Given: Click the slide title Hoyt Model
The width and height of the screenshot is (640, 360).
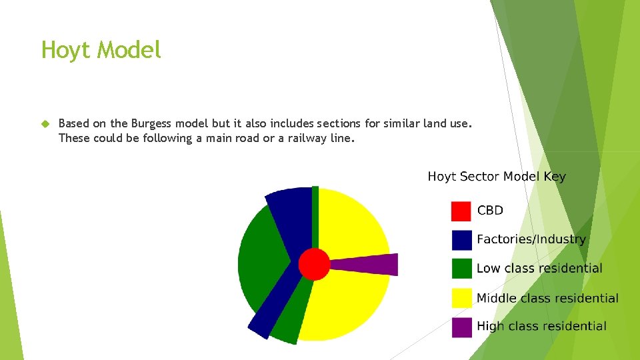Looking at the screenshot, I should [x=101, y=50].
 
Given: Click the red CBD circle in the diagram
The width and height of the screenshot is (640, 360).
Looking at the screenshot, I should [x=314, y=264].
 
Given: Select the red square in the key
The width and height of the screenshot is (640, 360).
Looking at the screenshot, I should [x=461, y=211].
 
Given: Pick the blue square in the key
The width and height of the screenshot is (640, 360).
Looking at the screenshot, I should [x=461, y=240].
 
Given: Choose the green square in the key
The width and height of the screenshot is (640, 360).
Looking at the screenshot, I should [x=461, y=269].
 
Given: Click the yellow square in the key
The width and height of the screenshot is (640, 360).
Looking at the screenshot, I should [x=461, y=298].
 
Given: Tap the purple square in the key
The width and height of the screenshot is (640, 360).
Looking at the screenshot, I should [x=461, y=327].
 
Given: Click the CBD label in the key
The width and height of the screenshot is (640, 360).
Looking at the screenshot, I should [x=490, y=211].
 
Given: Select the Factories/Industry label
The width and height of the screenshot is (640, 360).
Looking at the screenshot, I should [x=531, y=239].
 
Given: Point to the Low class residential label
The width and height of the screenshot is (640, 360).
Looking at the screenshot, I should [x=539, y=269].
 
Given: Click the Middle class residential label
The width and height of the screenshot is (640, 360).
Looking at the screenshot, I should [x=547, y=298].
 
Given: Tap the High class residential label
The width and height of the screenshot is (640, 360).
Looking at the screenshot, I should [x=541, y=326].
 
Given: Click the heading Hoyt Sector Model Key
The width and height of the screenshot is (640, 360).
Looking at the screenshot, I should [x=497, y=177].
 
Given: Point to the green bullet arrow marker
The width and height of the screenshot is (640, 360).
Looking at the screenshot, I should [x=45, y=124].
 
